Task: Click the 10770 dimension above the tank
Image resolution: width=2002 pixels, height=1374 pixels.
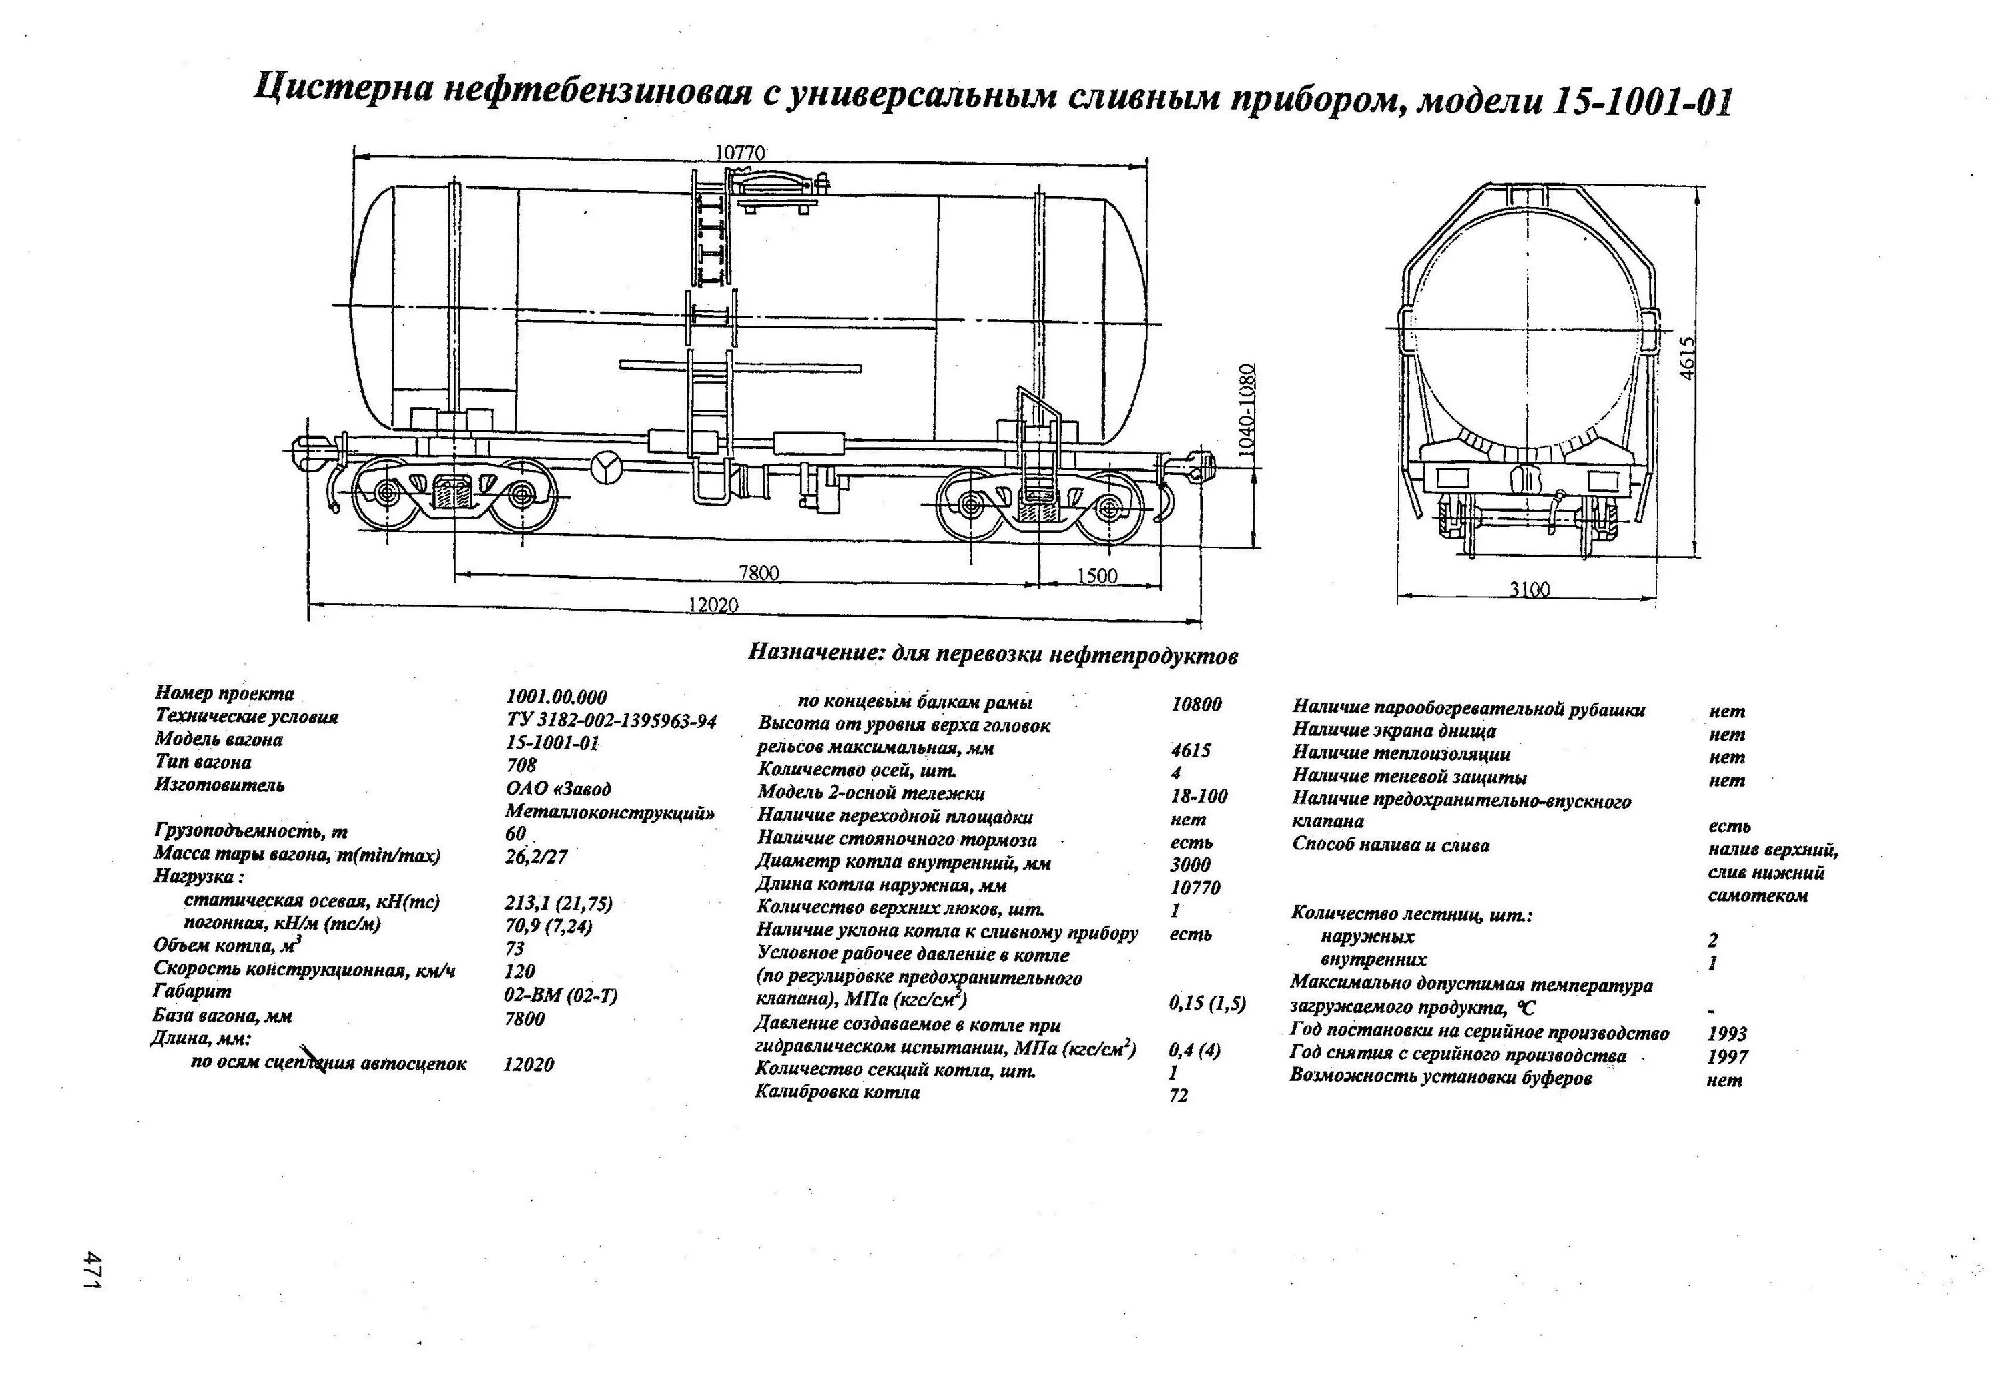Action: point(740,152)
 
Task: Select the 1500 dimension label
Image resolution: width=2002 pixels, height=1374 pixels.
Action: point(1096,575)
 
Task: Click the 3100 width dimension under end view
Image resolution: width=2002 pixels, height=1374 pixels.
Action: point(1529,589)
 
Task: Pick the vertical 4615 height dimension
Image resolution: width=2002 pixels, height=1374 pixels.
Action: point(1688,356)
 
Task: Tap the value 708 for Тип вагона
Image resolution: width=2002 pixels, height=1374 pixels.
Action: point(521,765)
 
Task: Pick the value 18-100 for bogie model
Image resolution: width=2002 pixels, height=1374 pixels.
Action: point(1199,796)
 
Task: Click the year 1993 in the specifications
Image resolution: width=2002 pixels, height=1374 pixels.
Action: point(1727,1034)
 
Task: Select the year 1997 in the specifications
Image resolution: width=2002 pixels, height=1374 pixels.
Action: point(1727,1057)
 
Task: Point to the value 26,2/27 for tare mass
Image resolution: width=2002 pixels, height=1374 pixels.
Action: point(536,857)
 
